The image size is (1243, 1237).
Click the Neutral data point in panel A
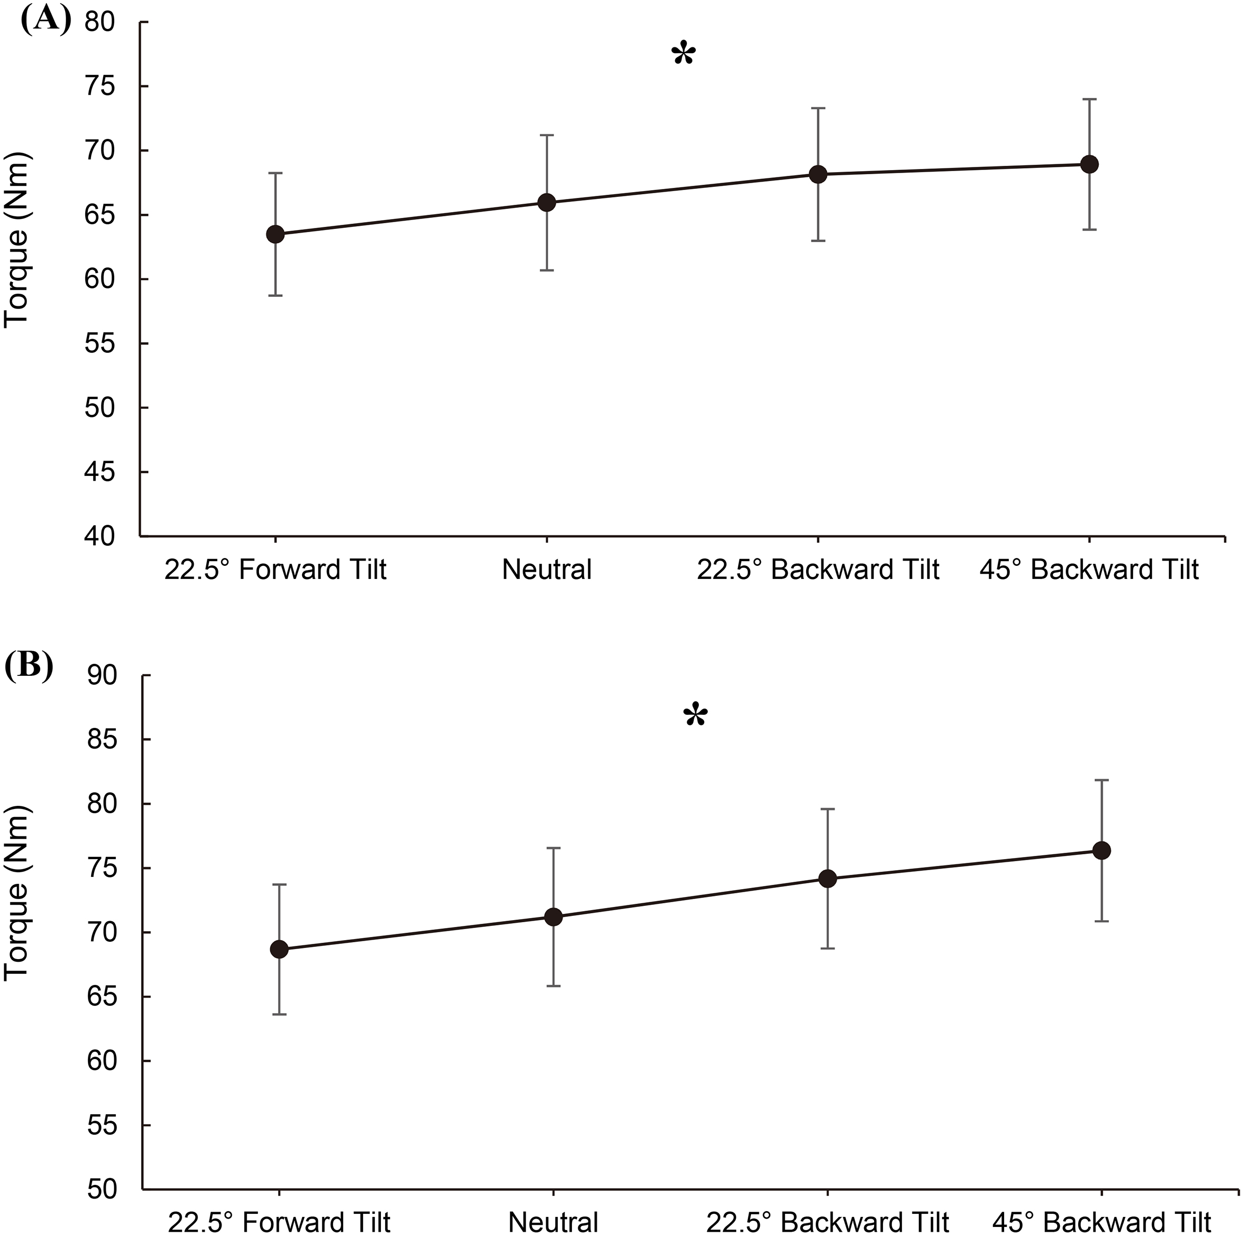point(546,203)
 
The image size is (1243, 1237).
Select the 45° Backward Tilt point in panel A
point(1089,164)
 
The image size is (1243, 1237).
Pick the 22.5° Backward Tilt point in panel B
point(827,879)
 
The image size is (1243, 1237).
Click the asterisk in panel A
point(683,55)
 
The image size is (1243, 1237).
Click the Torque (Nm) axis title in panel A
point(17,240)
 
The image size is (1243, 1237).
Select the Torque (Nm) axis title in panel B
point(17,893)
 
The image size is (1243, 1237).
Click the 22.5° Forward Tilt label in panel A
point(275,570)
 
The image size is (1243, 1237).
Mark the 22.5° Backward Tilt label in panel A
point(818,570)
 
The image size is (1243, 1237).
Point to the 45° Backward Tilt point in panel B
point(1102,851)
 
